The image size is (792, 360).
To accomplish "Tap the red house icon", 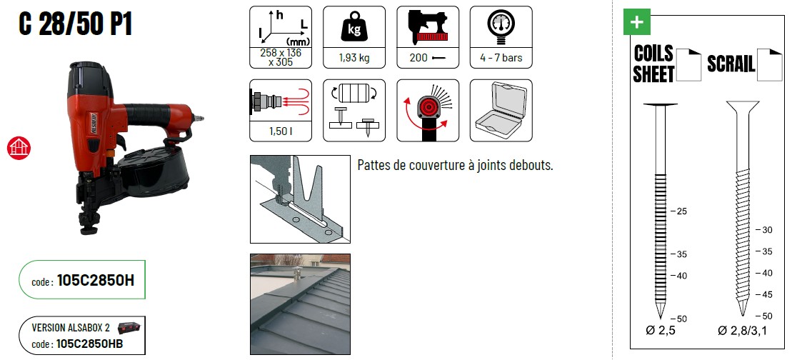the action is (19, 149).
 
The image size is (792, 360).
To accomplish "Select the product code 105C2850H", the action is (96, 281).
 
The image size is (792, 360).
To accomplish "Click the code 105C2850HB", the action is (89, 344).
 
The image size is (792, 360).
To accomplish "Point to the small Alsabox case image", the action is (129, 328).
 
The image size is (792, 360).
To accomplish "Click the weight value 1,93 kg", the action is (354, 58).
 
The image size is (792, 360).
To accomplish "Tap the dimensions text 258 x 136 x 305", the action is (281, 58).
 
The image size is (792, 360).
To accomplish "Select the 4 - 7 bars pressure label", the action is (501, 58).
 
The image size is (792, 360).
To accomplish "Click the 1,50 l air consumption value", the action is (281, 131).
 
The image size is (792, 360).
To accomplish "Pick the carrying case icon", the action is (501, 104).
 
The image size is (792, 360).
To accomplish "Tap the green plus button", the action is (637, 22).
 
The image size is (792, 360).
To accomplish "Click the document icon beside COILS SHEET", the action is (689, 64).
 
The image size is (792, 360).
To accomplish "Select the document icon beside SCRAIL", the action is (768, 64).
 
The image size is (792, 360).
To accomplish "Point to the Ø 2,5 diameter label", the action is (661, 331).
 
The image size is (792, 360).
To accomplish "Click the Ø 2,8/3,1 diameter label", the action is (742, 331).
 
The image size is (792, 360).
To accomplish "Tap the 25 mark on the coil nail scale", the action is (681, 211).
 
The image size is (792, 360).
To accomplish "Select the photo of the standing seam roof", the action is (300, 304).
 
